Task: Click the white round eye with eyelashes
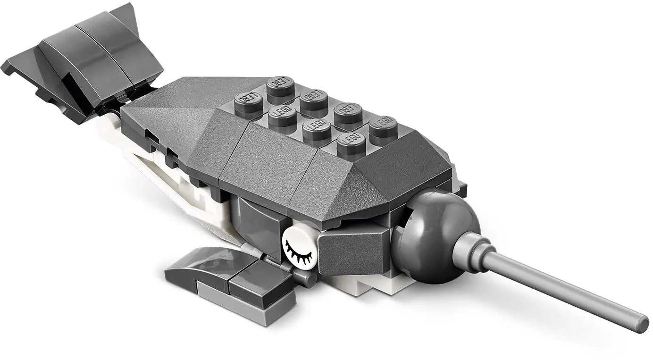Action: [x=299, y=245]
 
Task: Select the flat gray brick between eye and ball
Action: [x=352, y=252]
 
